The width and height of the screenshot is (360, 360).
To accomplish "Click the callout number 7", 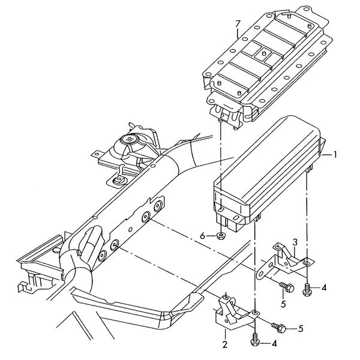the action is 238,24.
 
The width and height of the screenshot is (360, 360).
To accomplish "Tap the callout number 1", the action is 335,155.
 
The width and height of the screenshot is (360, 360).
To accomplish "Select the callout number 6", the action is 202,236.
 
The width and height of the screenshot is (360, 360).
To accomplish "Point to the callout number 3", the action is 295,242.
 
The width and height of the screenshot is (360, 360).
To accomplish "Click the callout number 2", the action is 225,344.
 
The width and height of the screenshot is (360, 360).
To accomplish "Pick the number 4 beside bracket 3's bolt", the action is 324,287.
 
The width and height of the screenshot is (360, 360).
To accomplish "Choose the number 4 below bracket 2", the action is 274,343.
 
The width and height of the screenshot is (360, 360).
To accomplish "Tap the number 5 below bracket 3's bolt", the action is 283,304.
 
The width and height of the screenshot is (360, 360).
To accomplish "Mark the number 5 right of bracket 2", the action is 301,329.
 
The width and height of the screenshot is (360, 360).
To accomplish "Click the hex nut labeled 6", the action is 220,236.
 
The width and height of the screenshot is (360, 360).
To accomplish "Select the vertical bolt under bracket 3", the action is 307,290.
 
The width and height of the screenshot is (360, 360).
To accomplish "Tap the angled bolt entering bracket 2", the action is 278,328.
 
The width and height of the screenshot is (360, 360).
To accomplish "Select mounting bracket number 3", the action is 284,261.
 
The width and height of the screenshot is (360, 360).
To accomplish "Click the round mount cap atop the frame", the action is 129,139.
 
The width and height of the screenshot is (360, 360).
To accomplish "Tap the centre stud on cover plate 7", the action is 264,53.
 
